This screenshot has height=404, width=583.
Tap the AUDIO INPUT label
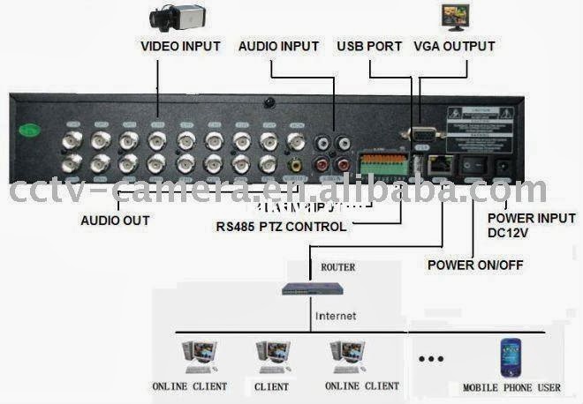click(278, 46)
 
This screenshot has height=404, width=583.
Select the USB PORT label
click(369, 46)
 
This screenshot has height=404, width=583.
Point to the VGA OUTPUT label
click(454, 46)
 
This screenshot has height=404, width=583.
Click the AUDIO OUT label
click(115, 220)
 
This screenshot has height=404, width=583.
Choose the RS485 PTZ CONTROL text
click(281, 227)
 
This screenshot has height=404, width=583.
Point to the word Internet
click(336, 315)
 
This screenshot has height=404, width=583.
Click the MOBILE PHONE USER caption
click(511, 387)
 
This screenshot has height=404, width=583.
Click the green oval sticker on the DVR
click(31, 129)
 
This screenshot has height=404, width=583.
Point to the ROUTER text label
click(337, 266)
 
